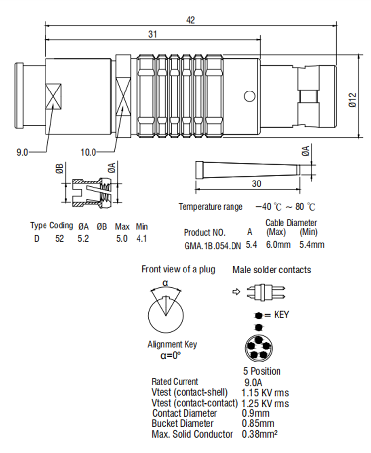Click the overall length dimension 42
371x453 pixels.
point(191,20)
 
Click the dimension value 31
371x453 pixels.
point(153,34)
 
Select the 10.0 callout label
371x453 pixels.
point(88,152)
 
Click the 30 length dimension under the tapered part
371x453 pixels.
point(256,184)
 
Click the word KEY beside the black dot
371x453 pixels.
point(281,315)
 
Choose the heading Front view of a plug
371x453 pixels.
point(178,270)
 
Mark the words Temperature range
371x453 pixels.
point(211,207)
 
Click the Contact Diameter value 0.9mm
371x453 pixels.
point(256,413)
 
